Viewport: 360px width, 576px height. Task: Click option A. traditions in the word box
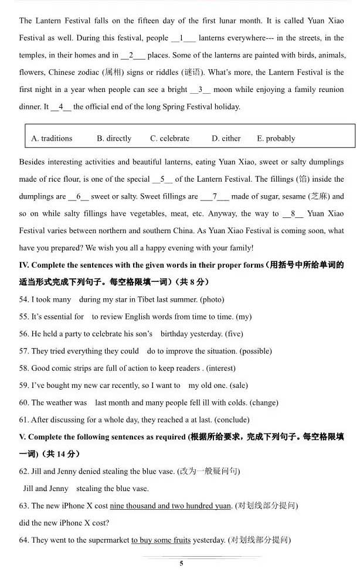coord(52,138)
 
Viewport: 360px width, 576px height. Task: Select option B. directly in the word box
coord(114,138)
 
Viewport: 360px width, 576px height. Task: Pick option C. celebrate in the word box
coord(169,138)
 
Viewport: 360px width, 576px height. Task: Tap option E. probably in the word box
coord(276,138)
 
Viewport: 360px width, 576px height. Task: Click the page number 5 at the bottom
coord(181,563)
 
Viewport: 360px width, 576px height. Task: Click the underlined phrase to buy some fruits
coord(161,540)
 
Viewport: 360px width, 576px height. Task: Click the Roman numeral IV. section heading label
coord(25,265)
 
